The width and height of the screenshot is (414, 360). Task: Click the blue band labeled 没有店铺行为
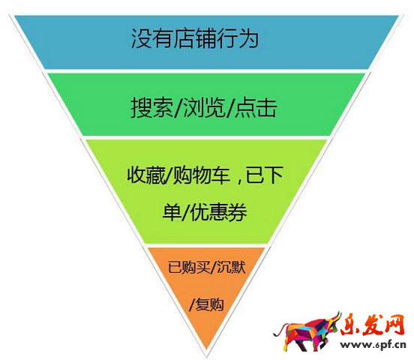[206, 42]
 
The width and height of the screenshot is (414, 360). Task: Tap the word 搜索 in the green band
[152, 107]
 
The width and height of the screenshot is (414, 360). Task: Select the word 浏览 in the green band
[205, 107]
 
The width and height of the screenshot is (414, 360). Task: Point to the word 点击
[256, 107]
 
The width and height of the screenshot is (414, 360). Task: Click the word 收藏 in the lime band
[146, 175]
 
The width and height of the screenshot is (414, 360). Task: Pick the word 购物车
[202, 175]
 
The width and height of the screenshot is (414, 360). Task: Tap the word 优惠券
[218, 212]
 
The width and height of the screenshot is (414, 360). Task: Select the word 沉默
[231, 267]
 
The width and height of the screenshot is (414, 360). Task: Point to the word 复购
[210, 304]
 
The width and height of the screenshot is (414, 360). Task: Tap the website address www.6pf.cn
[373, 345]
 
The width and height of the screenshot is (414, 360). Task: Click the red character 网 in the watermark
[394, 324]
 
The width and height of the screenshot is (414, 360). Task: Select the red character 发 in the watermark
[373, 324]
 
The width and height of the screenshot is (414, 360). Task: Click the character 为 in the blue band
[248, 38]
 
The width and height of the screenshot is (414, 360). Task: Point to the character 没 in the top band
[141, 38]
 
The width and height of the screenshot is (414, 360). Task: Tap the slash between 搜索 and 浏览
[178, 107]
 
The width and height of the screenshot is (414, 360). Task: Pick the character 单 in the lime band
[172, 212]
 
